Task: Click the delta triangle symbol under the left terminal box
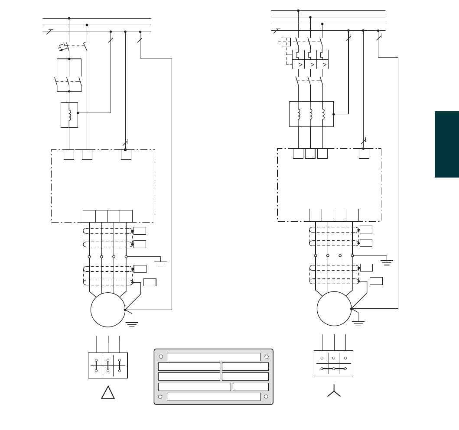[108, 393]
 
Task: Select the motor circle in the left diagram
[108, 310]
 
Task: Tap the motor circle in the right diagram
[334, 309]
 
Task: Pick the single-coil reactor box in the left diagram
[69, 115]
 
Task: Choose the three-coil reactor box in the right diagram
[311, 114]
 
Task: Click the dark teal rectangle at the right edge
[446, 144]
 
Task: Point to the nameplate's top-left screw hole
[161, 356]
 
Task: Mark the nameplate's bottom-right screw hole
[266, 396]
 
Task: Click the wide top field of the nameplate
[213, 357]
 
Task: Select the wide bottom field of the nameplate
[213, 397]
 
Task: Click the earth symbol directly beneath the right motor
[358, 323]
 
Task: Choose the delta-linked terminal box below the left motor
[108, 365]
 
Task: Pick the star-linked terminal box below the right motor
[333, 363]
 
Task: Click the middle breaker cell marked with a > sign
[311, 65]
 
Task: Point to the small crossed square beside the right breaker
[286, 42]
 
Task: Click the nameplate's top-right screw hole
[266, 356]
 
